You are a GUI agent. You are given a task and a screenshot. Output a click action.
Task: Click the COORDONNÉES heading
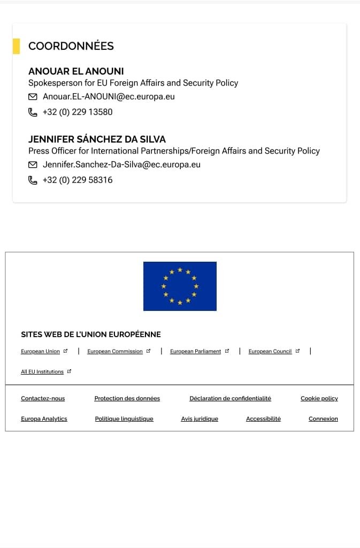pyautogui.click(x=71, y=46)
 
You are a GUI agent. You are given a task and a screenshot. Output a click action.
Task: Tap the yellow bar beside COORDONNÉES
pyautogui.click(x=16, y=46)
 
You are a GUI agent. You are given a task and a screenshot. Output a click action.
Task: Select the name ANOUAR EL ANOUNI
pyautogui.click(x=76, y=71)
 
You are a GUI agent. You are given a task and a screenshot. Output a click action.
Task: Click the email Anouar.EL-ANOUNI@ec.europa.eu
pyautogui.click(x=109, y=97)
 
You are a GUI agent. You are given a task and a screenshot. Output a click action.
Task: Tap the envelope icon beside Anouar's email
pyautogui.click(x=33, y=97)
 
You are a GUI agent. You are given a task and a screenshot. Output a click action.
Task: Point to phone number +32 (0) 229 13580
pyautogui.click(x=78, y=112)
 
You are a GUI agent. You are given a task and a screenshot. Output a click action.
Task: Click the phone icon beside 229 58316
pyautogui.click(x=33, y=180)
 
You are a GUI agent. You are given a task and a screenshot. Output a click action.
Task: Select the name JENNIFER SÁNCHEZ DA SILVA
pyautogui.click(x=97, y=139)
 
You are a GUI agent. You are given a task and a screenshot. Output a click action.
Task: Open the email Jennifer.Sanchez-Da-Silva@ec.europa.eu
pyautogui.click(x=121, y=165)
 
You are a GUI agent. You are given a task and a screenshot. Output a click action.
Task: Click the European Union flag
pyautogui.click(x=180, y=286)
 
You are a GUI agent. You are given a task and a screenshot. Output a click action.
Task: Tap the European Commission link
pyautogui.click(x=115, y=352)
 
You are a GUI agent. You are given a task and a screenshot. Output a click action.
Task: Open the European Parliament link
pyautogui.click(x=195, y=352)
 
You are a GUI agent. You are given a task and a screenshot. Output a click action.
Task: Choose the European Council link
pyautogui.click(x=270, y=352)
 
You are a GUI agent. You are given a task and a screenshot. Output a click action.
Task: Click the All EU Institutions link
pyautogui.click(x=42, y=371)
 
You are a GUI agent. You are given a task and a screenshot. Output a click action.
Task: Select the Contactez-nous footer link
pyautogui.click(x=43, y=399)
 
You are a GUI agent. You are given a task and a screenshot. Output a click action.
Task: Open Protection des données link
pyautogui.click(x=127, y=399)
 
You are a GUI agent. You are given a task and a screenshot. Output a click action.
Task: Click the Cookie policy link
pyautogui.click(x=319, y=399)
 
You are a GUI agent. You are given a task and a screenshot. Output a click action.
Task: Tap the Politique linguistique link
pyautogui.click(x=124, y=419)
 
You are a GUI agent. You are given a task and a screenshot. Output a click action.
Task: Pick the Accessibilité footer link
pyautogui.click(x=263, y=419)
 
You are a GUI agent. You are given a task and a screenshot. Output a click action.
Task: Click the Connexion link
pyautogui.click(x=323, y=419)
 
